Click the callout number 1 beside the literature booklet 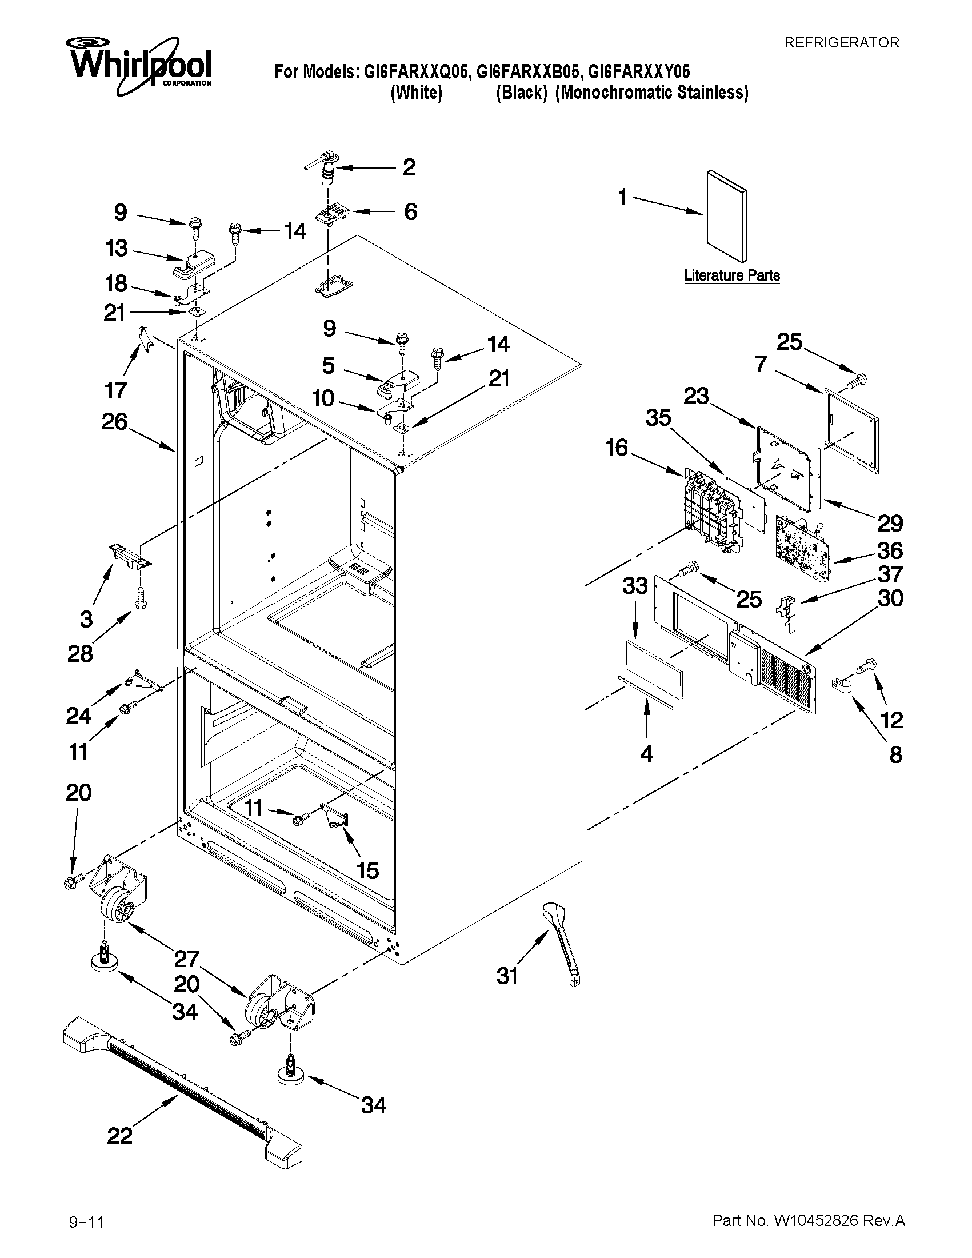tap(622, 198)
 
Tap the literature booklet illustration tap(727, 216)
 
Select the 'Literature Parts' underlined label tap(732, 275)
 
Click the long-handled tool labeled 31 tap(561, 942)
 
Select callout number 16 tap(617, 448)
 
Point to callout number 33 tap(635, 586)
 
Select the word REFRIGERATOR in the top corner tap(842, 43)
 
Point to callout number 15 tap(367, 870)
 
